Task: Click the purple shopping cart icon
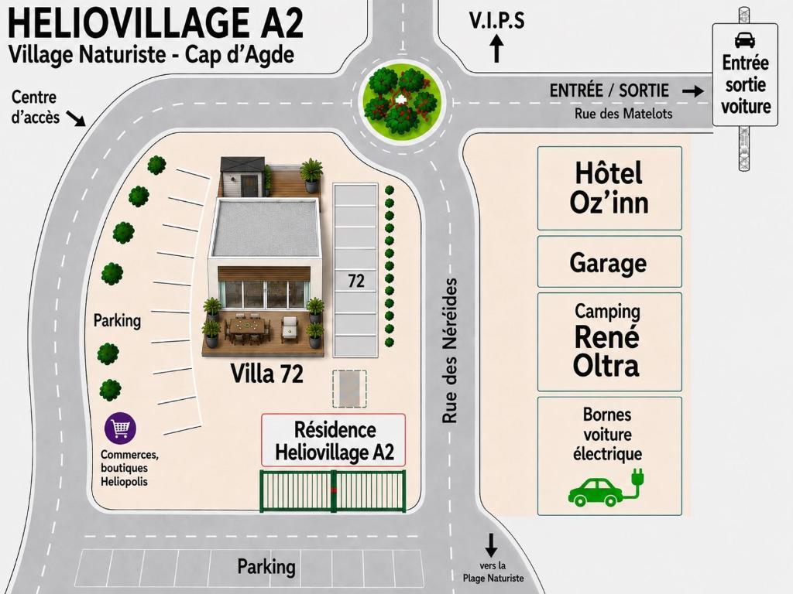click(120, 428)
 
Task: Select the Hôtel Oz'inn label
click(609, 188)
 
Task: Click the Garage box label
click(609, 263)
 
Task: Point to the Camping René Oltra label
click(607, 340)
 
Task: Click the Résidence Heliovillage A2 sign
click(334, 440)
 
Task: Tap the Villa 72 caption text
click(266, 374)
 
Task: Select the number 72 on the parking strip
click(356, 281)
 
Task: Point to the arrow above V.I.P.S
click(497, 48)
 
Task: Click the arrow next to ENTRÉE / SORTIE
click(692, 91)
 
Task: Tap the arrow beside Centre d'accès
click(77, 119)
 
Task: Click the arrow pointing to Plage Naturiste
click(490, 545)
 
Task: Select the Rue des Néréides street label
click(450, 350)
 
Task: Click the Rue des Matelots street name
click(623, 114)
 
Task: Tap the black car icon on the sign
click(745, 40)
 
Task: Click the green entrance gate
click(333, 490)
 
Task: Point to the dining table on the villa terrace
click(247, 326)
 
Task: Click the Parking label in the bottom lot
click(266, 567)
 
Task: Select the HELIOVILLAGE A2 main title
click(156, 23)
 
